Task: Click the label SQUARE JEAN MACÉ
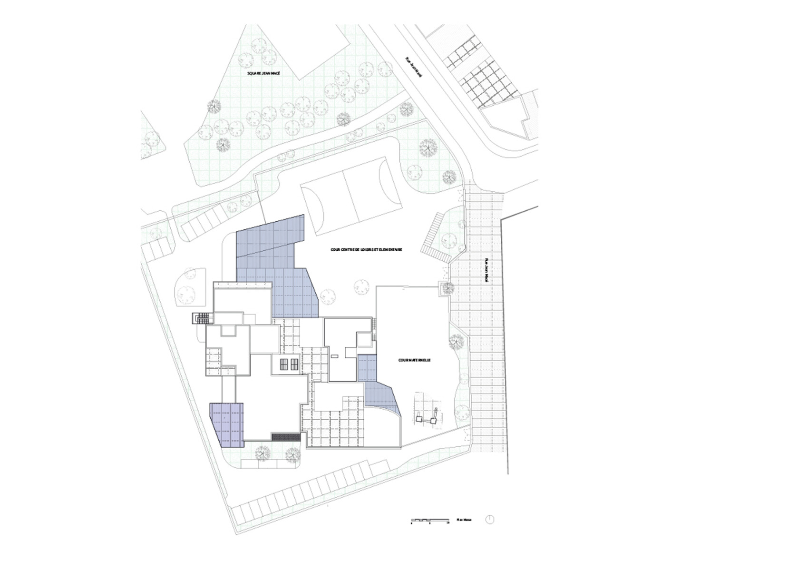coord(260,75)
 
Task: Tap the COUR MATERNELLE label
coord(414,361)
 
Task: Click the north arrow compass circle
coord(490,519)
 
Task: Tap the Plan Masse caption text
coord(464,520)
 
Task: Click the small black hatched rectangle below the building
coord(285,437)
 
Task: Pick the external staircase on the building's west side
coord(200,318)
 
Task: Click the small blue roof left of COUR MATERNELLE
coord(367,367)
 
